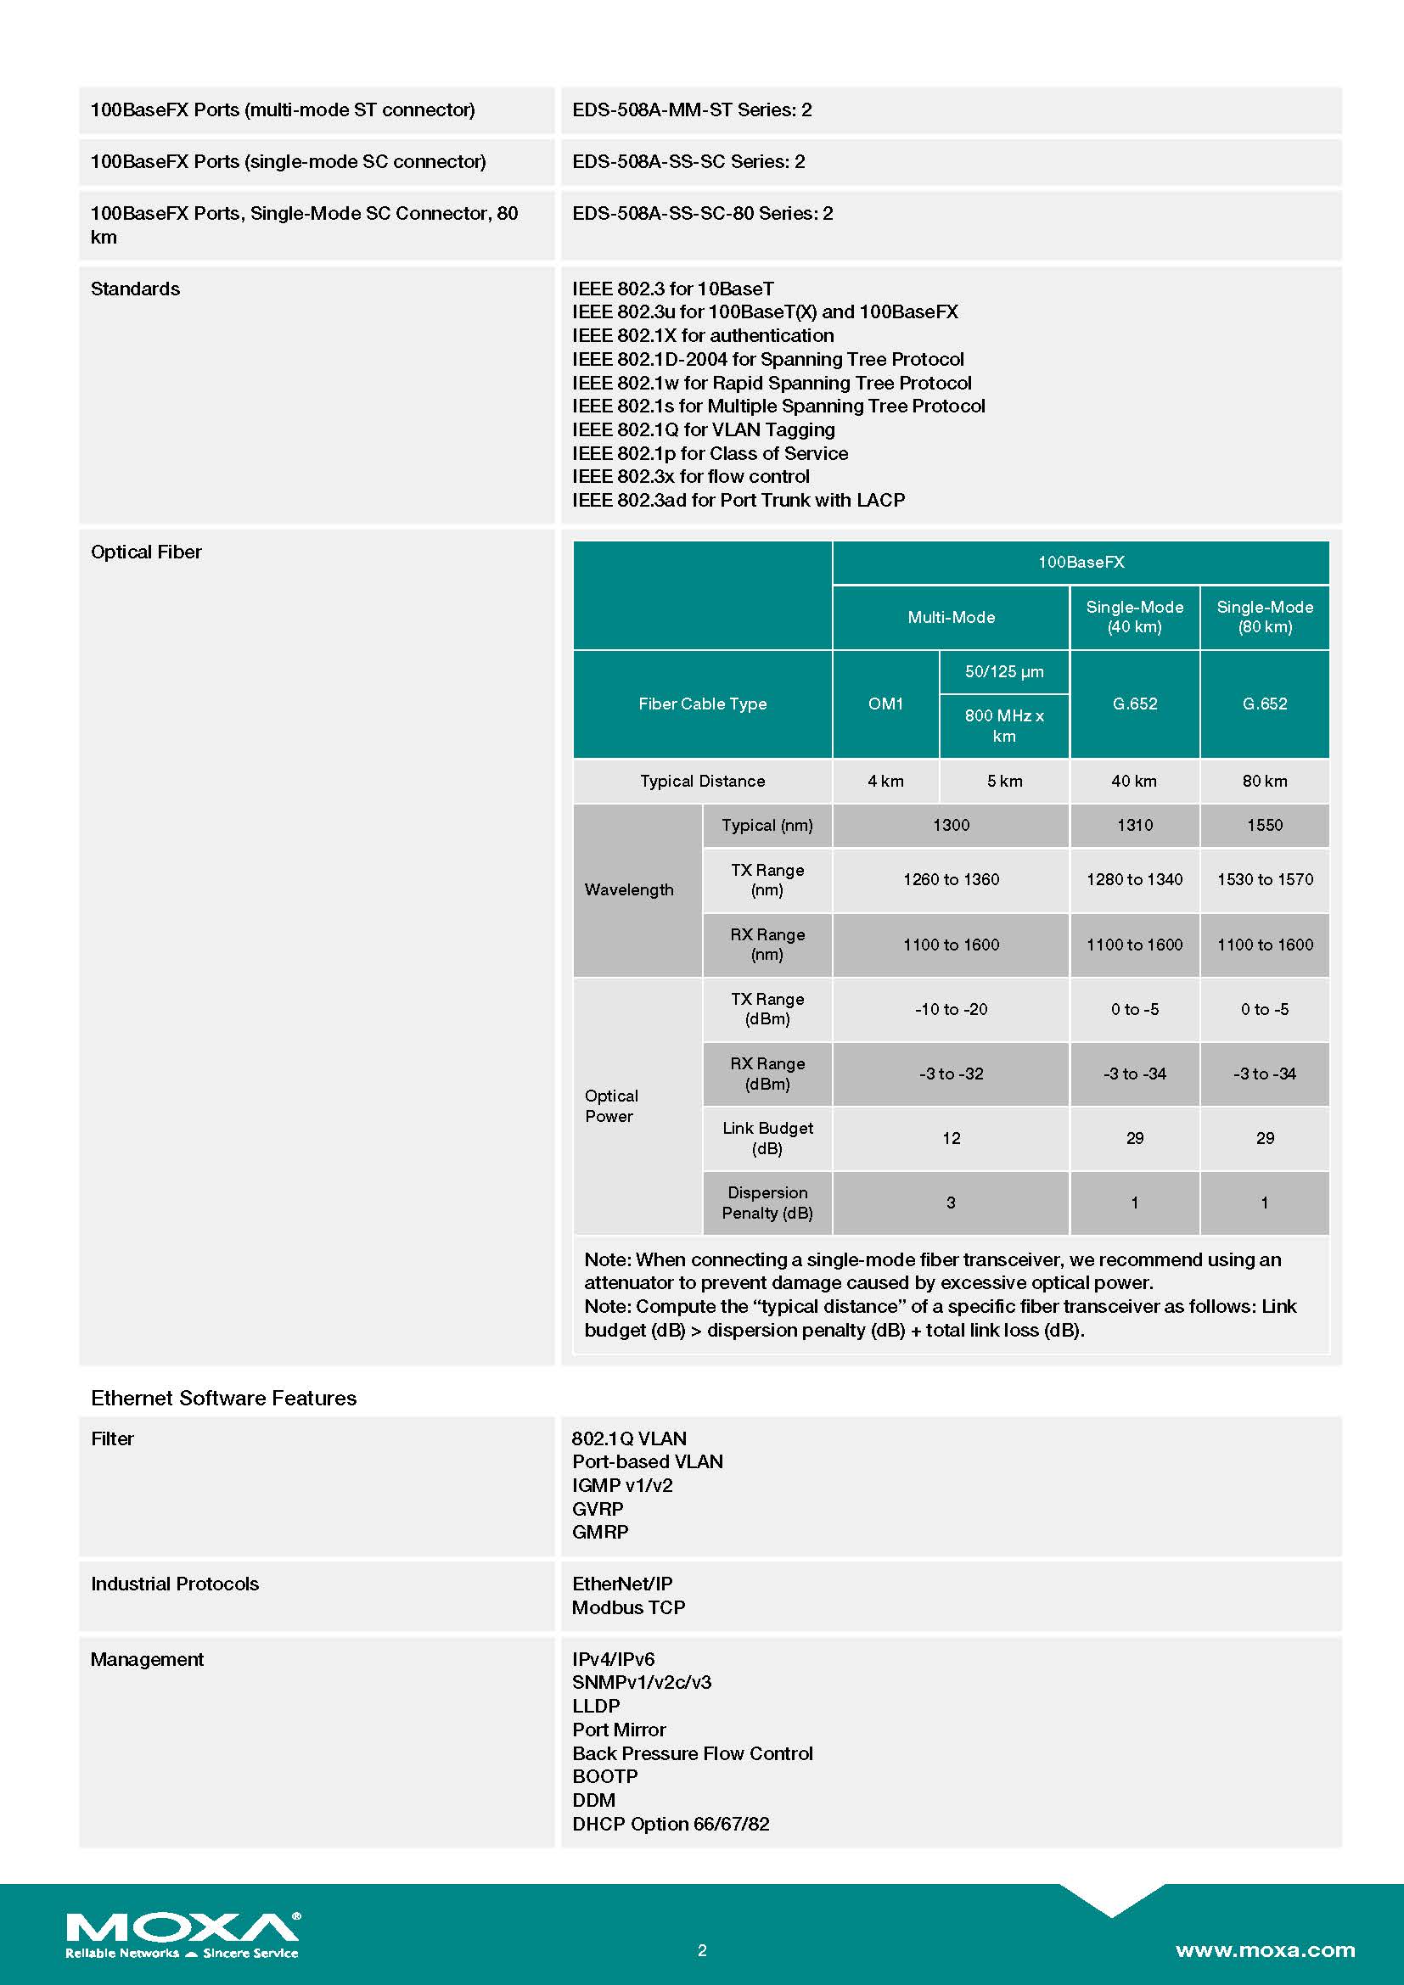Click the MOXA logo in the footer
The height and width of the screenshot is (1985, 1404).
point(183,1933)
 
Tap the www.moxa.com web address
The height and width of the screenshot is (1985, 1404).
point(1264,1949)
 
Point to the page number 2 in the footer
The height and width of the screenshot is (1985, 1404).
point(702,1949)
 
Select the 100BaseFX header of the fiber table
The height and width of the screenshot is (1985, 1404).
point(1081,562)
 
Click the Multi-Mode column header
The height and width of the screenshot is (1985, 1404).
point(951,617)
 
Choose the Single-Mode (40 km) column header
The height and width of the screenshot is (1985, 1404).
point(1134,617)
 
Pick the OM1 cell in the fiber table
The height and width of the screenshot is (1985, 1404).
point(885,704)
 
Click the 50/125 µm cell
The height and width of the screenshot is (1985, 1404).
point(1003,672)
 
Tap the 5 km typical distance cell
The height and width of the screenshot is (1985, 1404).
point(1003,781)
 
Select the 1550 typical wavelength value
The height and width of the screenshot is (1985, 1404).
point(1264,825)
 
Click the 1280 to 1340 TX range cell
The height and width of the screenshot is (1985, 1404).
point(1134,879)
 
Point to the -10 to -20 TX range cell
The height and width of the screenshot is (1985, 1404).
point(951,1009)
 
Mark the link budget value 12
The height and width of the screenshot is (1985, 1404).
point(951,1138)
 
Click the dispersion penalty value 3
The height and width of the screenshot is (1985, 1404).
point(951,1203)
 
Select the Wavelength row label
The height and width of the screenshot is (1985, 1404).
point(629,889)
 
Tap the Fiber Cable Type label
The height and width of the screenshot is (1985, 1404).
point(702,704)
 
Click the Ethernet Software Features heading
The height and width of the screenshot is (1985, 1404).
point(223,1398)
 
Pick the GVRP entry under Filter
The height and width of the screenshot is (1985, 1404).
point(598,1509)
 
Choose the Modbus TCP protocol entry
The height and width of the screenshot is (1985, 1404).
point(628,1607)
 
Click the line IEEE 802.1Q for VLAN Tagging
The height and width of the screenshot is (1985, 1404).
point(703,429)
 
